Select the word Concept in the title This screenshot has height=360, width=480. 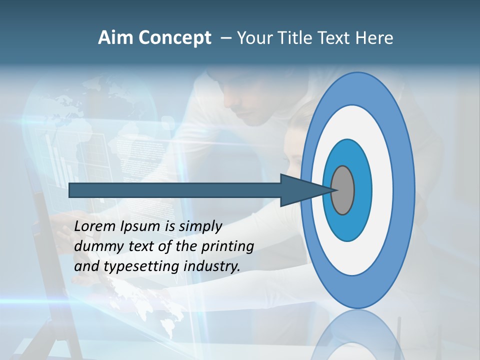click(174, 38)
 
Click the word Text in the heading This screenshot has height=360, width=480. click(333, 38)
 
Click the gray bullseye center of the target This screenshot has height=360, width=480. click(343, 190)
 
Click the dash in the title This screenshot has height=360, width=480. click(225, 38)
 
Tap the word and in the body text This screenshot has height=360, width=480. click(86, 266)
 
